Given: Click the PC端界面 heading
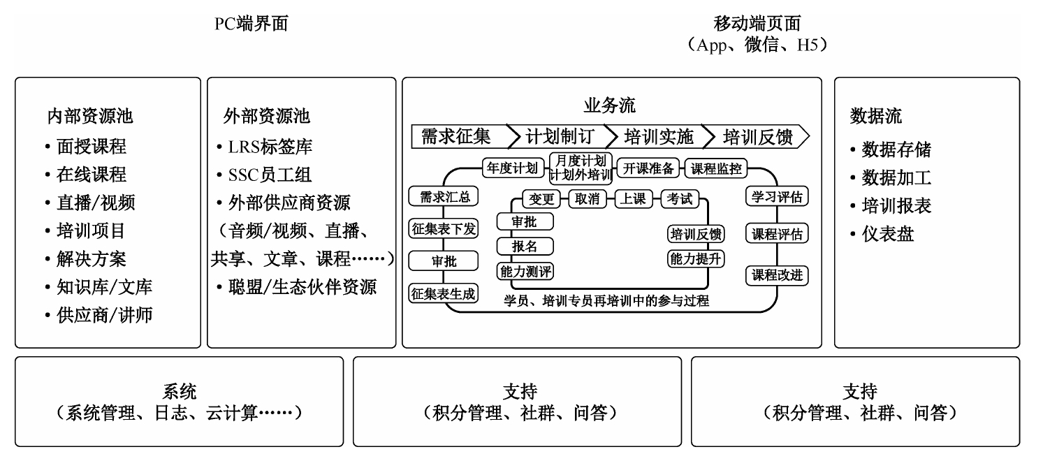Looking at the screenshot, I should point(251,24).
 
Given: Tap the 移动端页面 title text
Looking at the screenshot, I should point(757,24).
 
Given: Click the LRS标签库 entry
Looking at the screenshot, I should point(270,147).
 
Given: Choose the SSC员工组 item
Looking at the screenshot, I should point(270,175).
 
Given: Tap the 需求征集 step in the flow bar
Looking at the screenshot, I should point(455,136).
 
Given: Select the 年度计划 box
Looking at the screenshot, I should point(513,168).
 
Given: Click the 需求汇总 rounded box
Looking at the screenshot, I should point(444,197).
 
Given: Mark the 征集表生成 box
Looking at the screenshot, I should point(443,294).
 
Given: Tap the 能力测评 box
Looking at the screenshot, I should point(525,272).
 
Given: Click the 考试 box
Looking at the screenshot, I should point(680,199).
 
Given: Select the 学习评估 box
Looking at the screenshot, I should point(776,197).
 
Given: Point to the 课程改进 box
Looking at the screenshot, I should point(776,275).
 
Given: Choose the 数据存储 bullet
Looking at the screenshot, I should point(896,149).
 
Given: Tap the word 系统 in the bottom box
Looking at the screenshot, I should point(179,391).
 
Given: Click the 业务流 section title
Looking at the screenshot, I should point(611,106).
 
